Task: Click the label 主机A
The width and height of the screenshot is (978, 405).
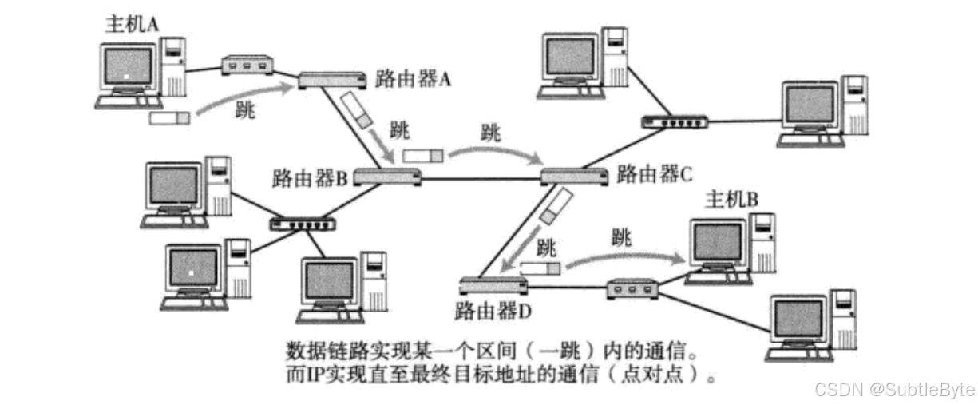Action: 132,23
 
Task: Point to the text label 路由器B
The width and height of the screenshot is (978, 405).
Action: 308,176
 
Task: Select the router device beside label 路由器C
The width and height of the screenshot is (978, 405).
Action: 574,176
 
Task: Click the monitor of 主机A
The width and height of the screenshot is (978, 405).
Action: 127,69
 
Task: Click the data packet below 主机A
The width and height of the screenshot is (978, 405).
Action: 170,118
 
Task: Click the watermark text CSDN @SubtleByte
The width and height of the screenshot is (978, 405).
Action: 893,389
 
